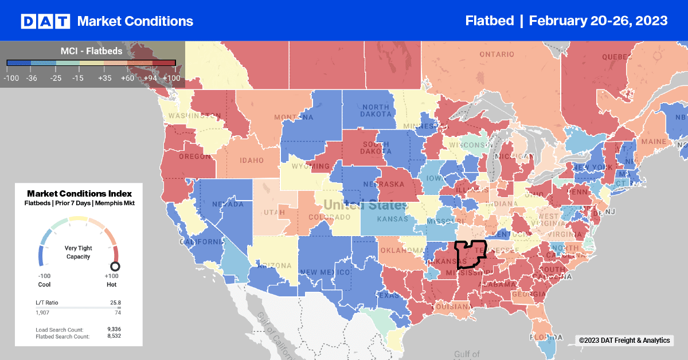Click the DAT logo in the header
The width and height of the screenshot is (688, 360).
pos(45,21)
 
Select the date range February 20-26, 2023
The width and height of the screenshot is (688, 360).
pos(598,21)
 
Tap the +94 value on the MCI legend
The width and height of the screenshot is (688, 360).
pos(149,78)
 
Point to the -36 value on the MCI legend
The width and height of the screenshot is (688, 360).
pos(32,78)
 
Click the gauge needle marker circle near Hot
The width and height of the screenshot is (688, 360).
pos(115,266)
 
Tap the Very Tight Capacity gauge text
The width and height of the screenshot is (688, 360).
pos(79,252)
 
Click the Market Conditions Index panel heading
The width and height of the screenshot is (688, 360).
pos(79,194)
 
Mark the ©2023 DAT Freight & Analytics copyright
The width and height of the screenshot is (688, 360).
pos(624,341)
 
